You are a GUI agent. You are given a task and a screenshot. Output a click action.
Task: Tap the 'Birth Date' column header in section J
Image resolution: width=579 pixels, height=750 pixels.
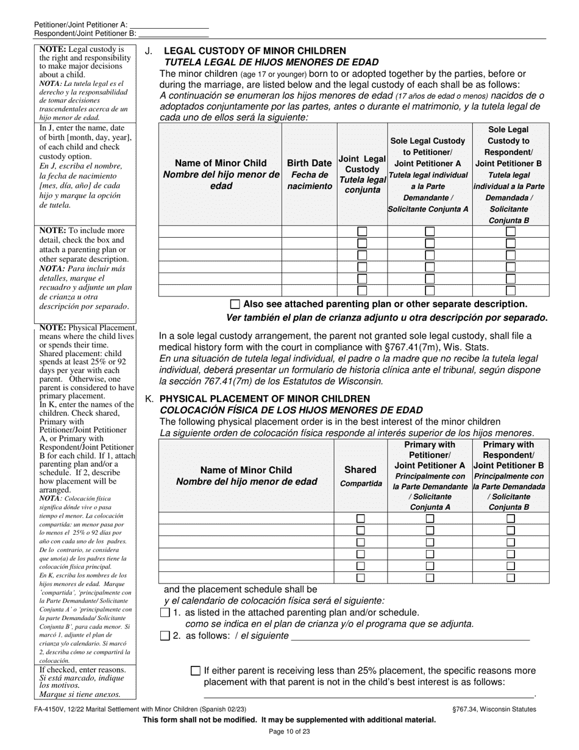coord(310,174)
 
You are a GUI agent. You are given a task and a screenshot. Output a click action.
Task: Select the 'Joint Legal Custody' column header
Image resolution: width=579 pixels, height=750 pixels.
coord(362,174)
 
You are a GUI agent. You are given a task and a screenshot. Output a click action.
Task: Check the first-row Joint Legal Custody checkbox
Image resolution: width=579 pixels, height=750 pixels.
coord(362,232)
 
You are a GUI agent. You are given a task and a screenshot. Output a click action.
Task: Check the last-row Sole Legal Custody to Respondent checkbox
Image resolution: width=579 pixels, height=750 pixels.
coord(511,291)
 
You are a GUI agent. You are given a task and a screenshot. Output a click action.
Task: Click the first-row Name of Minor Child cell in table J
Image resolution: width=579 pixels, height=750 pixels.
coord(220,232)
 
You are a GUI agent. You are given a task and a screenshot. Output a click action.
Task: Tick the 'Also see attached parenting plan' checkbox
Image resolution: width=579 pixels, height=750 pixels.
coord(235,304)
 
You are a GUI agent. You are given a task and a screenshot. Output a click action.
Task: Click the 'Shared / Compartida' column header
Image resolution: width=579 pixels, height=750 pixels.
coord(360,476)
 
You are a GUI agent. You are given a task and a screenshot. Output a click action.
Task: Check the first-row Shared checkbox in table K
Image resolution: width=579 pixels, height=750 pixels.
coord(361,518)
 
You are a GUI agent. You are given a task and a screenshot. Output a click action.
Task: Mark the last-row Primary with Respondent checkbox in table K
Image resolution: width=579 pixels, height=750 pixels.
coord(511,577)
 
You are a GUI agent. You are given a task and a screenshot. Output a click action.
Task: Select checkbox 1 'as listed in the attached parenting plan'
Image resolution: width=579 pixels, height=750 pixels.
coord(165,613)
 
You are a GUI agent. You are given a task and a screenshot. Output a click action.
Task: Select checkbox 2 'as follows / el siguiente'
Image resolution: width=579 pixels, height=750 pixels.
coord(165,636)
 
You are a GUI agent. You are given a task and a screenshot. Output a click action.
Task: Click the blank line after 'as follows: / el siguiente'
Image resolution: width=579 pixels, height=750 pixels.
coord(410,637)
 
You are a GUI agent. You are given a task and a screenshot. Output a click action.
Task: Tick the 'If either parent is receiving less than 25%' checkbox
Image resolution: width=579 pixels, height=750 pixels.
coord(196,671)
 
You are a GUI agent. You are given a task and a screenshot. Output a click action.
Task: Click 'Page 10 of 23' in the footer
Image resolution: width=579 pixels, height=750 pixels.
coord(289,732)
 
